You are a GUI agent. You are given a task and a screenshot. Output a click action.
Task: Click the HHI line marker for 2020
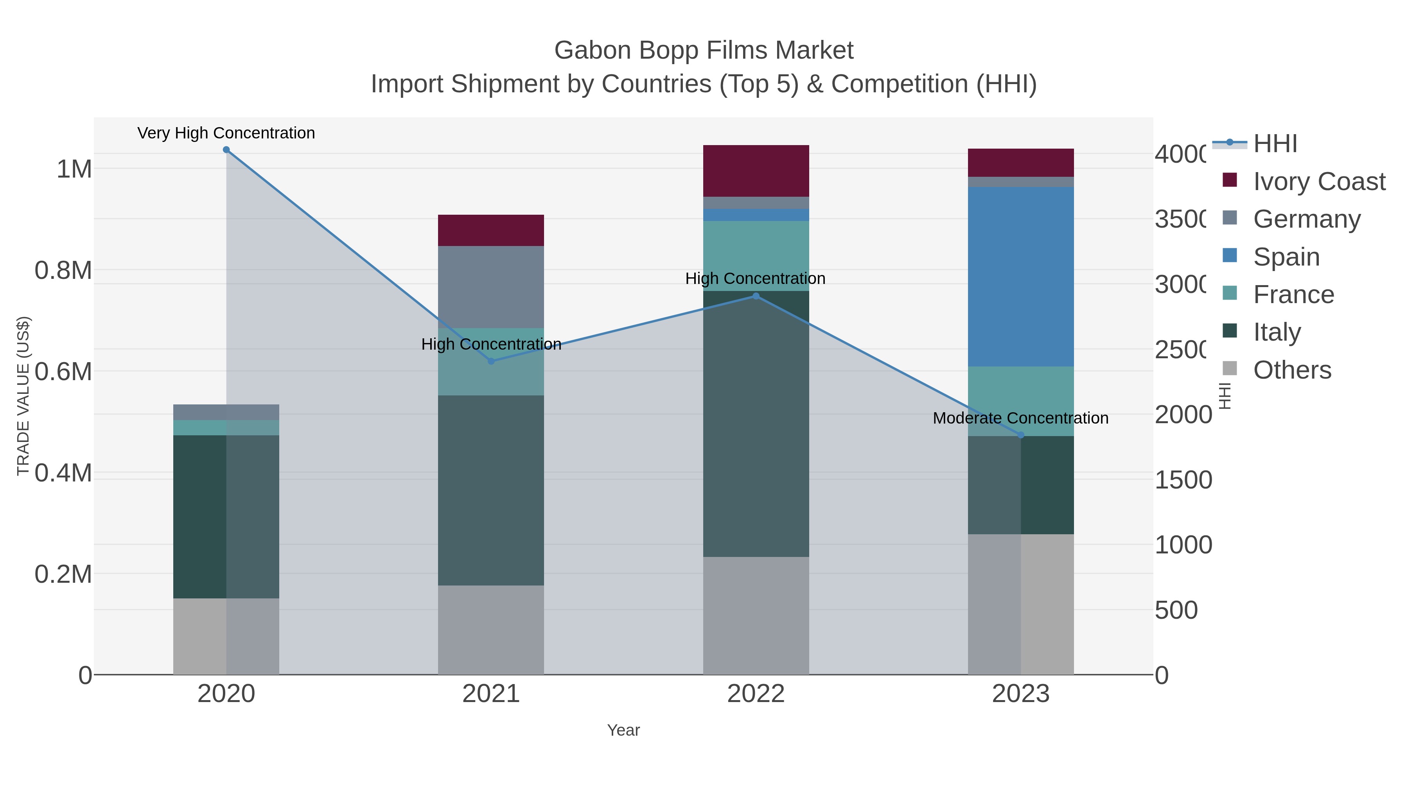click(x=226, y=150)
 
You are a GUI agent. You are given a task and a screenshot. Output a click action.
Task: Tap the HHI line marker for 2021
click(x=491, y=361)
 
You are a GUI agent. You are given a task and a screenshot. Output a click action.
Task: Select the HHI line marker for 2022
click(x=756, y=296)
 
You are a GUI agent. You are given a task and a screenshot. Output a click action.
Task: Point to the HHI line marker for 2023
click(x=1020, y=435)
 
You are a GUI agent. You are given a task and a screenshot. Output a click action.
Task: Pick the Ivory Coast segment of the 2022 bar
click(x=756, y=171)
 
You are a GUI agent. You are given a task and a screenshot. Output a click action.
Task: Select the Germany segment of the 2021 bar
click(x=491, y=287)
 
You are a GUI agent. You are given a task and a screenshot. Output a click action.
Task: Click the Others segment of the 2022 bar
click(x=756, y=616)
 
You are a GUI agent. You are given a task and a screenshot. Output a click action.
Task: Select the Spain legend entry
click(x=1286, y=257)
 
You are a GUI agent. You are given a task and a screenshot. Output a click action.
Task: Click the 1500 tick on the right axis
click(x=1183, y=480)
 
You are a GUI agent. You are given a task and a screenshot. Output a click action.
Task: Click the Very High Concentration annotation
click(x=226, y=133)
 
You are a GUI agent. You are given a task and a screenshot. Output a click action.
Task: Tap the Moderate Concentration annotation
click(x=1020, y=418)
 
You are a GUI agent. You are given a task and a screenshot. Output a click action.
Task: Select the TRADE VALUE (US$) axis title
click(x=23, y=396)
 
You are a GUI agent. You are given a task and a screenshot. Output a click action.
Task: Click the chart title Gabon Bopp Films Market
click(x=704, y=50)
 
